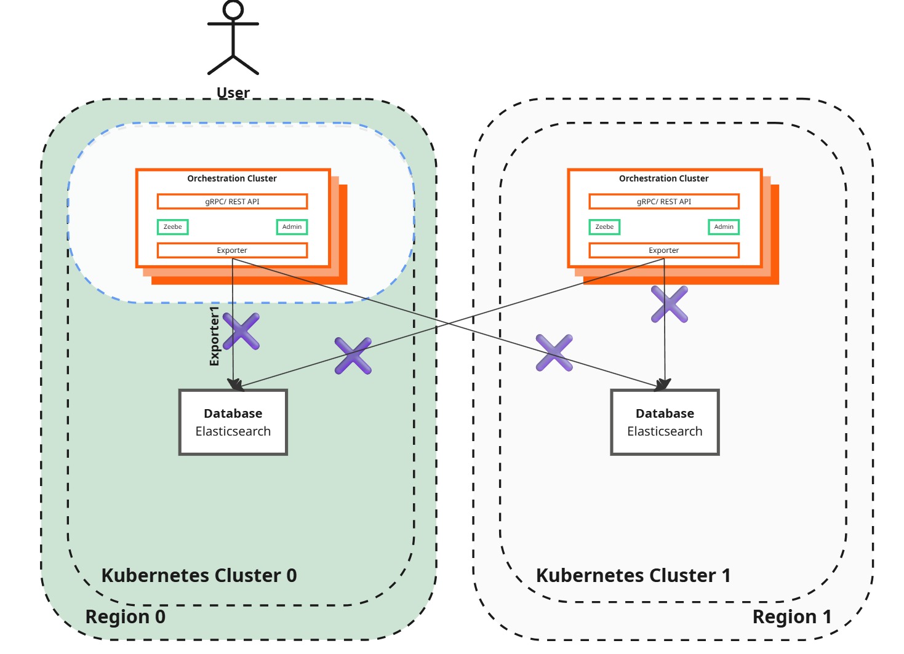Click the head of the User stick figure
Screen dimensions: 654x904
click(233, 10)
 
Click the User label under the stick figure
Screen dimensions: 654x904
click(233, 93)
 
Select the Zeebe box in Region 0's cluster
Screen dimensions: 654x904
click(173, 227)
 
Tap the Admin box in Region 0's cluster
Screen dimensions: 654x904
click(292, 227)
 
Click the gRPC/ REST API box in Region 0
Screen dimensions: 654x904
click(232, 202)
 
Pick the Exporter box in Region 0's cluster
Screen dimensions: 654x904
click(232, 250)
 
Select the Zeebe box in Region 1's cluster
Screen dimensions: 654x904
click(604, 227)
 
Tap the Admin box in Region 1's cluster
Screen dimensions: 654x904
click(724, 227)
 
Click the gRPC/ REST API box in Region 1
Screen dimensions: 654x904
click(664, 202)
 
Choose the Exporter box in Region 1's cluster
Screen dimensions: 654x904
click(664, 250)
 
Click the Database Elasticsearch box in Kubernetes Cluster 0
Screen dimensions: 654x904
click(233, 422)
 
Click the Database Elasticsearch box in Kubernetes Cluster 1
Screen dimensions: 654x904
click(665, 422)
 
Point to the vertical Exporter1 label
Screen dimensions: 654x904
click(214, 336)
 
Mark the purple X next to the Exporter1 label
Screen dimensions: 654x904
click(241, 332)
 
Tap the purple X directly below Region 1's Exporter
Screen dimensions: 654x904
click(670, 304)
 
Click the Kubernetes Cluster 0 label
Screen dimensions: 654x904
click(199, 575)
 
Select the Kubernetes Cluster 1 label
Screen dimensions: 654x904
click(633, 575)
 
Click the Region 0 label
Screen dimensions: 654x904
click(126, 616)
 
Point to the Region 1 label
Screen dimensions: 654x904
click(791, 616)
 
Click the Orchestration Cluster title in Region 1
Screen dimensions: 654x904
click(663, 178)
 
